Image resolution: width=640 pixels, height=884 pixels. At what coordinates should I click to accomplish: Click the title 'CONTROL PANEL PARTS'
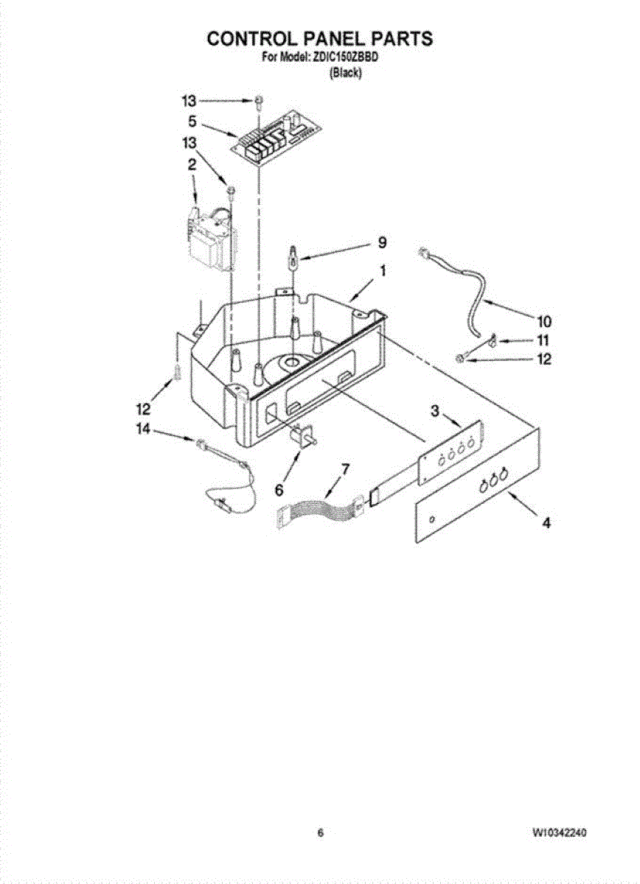[x=319, y=38]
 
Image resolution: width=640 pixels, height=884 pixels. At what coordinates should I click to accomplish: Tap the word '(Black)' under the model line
[x=345, y=72]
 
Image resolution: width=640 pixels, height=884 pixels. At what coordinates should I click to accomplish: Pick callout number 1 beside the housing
[x=382, y=271]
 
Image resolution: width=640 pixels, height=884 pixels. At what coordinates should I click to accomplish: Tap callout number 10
[x=543, y=322]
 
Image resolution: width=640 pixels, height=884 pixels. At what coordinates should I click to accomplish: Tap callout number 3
[x=436, y=412]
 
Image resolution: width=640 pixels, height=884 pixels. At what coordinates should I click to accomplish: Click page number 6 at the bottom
[x=320, y=833]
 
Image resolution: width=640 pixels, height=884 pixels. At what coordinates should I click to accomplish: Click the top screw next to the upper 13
[x=259, y=100]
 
